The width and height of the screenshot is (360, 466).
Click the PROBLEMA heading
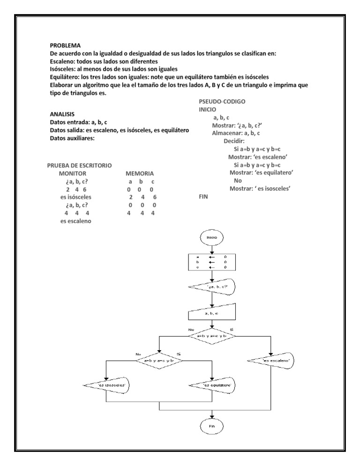point(65,45)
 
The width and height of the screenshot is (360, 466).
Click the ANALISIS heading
point(63,114)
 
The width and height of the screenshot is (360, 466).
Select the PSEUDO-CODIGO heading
point(222,101)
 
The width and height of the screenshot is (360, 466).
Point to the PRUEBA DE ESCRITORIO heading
point(79,165)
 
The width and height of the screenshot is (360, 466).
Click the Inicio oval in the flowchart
point(212,238)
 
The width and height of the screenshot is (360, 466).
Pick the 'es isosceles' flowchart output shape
point(107,385)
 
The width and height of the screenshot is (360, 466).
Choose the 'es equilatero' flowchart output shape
point(213,385)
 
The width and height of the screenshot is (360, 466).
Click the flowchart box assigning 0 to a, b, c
point(212,262)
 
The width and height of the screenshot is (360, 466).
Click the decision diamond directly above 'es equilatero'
point(160,361)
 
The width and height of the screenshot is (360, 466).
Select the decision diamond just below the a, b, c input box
point(212,336)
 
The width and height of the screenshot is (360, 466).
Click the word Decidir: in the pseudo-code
point(234,140)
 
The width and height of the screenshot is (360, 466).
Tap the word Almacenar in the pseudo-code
point(225,133)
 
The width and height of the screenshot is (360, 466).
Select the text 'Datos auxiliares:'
point(72,138)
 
